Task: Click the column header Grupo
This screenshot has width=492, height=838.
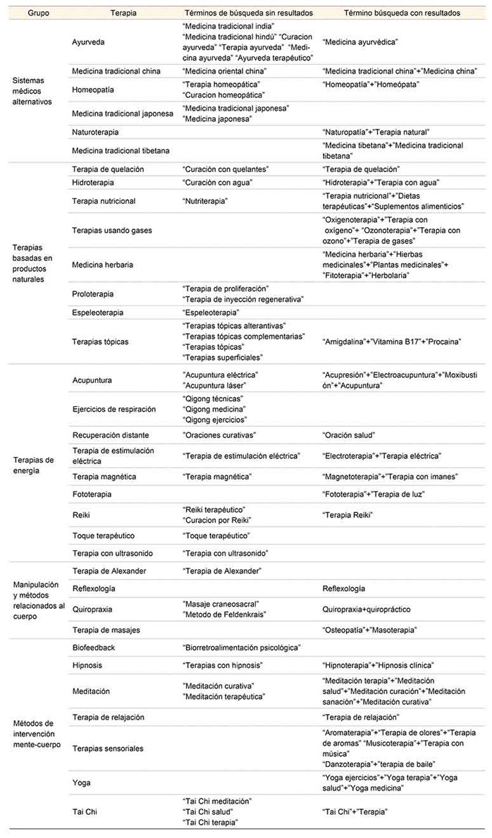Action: (28, 13)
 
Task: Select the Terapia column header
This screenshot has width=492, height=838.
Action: (123, 13)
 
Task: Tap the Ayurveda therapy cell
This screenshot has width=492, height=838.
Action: (88, 42)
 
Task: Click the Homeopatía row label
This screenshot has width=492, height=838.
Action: (93, 90)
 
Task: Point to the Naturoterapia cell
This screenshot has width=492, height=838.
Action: (95, 132)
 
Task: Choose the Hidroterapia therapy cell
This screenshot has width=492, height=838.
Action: (94, 182)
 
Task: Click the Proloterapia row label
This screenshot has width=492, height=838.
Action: (93, 293)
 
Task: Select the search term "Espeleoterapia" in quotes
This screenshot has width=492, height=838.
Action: (210, 312)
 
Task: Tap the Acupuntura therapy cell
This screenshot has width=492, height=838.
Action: (92, 380)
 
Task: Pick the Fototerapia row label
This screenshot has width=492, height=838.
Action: (92, 494)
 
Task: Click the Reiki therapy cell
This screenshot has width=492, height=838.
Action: (82, 515)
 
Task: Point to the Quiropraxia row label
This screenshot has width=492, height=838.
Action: (92, 609)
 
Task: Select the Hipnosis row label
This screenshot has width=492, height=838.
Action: (88, 664)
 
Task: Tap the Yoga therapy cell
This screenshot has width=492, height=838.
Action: (81, 782)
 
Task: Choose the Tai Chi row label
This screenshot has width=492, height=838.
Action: (85, 811)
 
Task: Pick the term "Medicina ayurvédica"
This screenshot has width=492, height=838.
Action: (359, 42)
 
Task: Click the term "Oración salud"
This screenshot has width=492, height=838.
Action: (348, 435)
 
